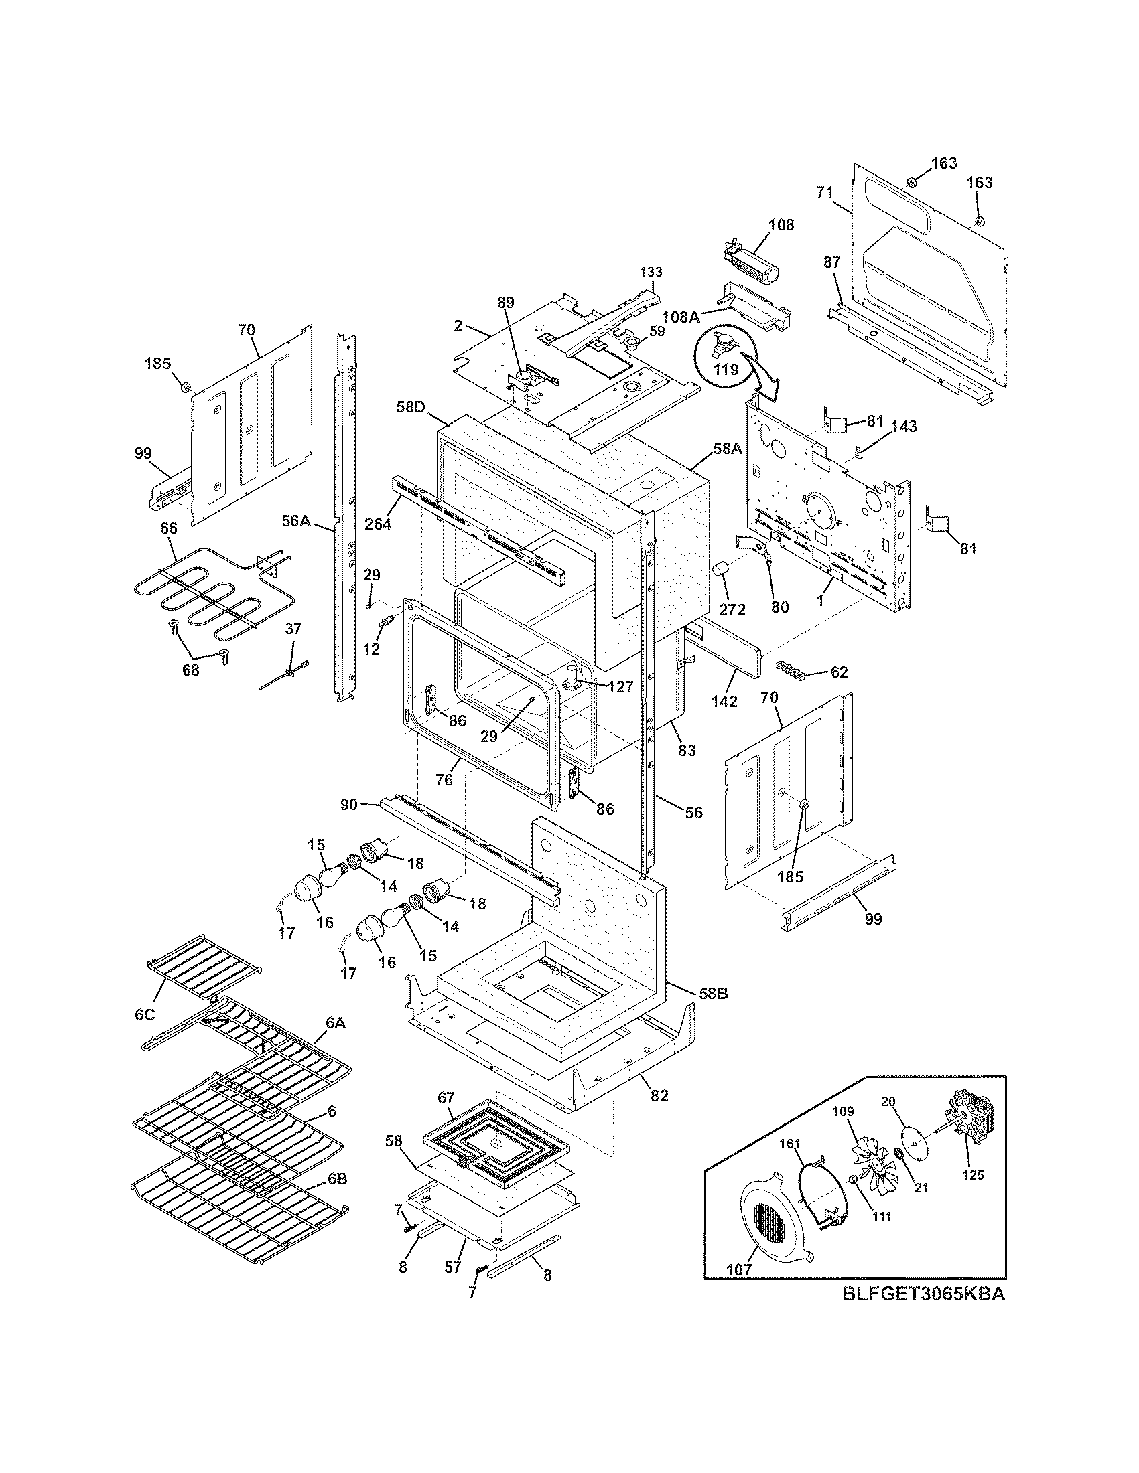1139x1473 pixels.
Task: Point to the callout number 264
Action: pyautogui.click(x=378, y=523)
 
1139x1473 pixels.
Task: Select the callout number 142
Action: pyautogui.click(x=724, y=702)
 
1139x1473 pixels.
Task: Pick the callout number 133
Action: pyautogui.click(x=651, y=272)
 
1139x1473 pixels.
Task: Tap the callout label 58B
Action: pyautogui.click(x=714, y=994)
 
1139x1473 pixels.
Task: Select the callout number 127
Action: pyautogui.click(x=620, y=686)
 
